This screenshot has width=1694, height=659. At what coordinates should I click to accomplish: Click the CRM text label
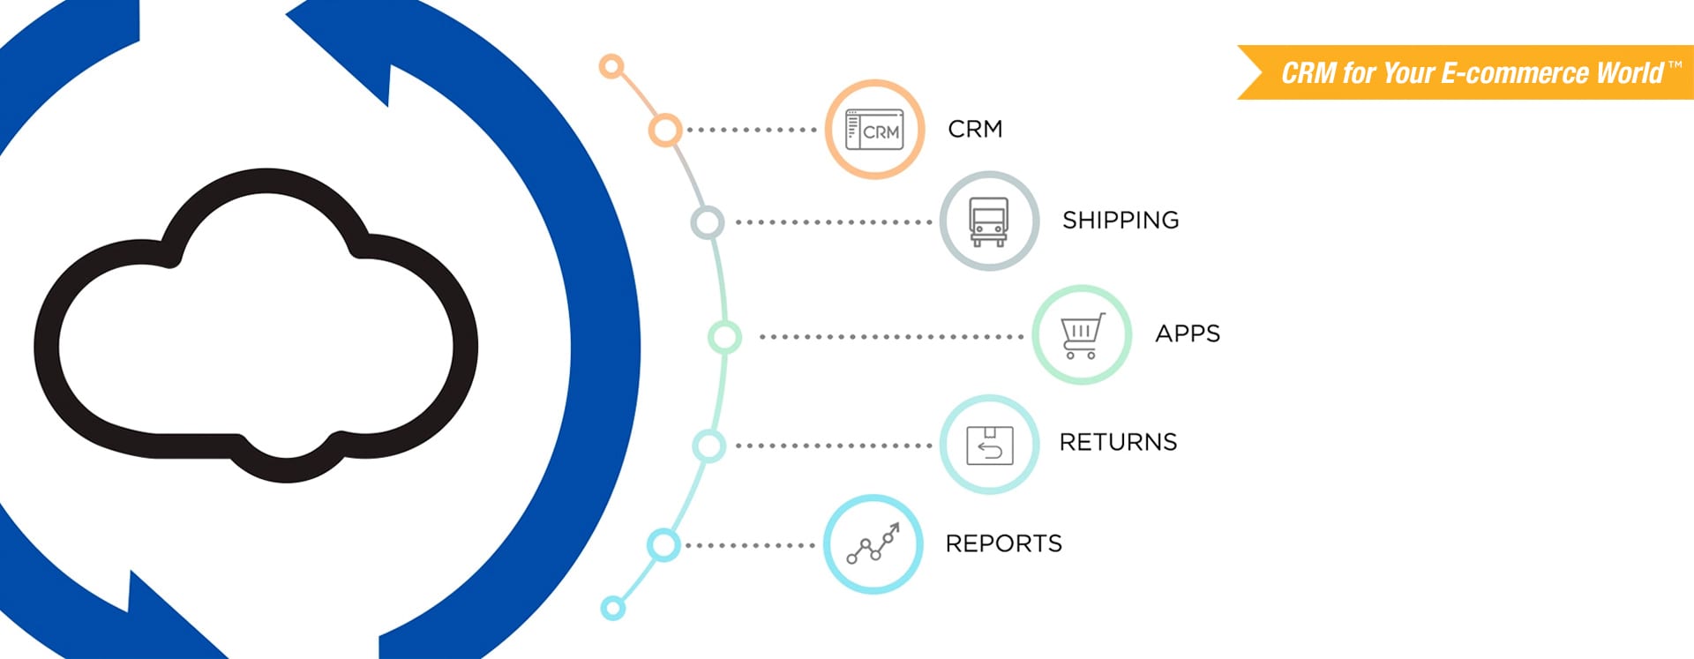(975, 129)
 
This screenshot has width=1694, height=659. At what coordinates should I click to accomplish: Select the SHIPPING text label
(1121, 220)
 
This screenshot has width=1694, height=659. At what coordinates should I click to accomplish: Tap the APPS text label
(1188, 333)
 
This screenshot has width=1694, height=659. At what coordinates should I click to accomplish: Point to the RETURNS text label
(1118, 442)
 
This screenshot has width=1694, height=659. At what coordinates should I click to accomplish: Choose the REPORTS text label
(1003, 543)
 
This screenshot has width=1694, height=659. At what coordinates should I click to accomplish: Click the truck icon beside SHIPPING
(988, 221)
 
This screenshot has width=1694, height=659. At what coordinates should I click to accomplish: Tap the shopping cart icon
(1082, 336)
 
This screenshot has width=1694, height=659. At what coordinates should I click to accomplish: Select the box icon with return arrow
(989, 445)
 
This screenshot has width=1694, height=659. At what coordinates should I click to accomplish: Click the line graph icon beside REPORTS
(873, 543)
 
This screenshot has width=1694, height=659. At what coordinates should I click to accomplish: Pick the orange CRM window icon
(874, 130)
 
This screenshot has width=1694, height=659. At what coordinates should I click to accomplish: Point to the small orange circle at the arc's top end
(611, 66)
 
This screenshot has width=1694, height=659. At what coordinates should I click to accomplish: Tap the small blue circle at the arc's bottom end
(612, 608)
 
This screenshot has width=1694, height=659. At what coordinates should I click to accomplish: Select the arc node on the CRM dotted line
(665, 130)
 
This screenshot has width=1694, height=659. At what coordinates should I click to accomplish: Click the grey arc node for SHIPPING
(707, 222)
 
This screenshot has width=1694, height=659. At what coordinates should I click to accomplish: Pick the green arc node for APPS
(724, 337)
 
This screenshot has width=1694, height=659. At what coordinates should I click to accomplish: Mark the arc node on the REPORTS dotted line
(663, 545)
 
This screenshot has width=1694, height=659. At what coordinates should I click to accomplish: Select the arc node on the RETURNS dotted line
(708, 446)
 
